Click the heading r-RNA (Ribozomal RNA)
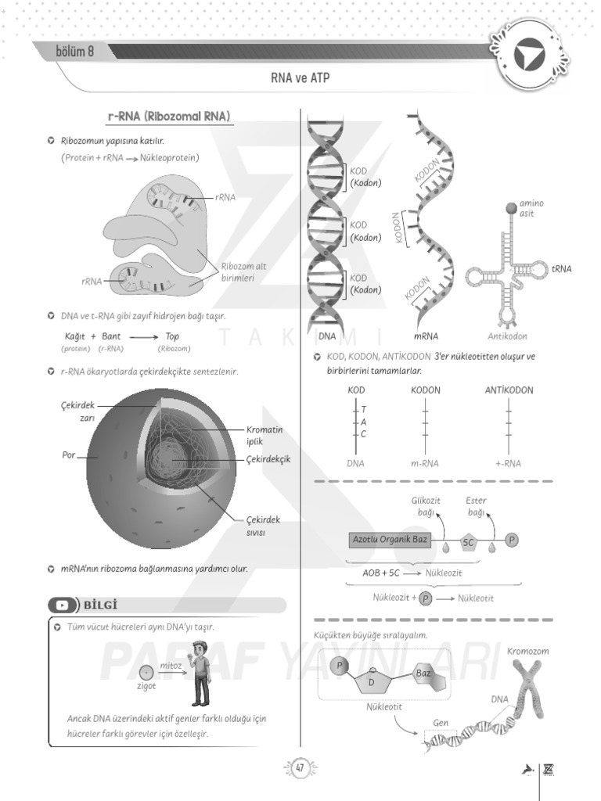[x=169, y=117]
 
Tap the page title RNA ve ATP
[x=300, y=79]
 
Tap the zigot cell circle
[x=146, y=672]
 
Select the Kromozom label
[x=527, y=651]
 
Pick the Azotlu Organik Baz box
[x=390, y=540]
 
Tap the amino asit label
[x=531, y=208]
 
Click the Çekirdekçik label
[x=268, y=459]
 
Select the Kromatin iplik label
[x=265, y=436]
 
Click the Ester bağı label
[x=476, y=506]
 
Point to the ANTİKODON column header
[x=509, y=390]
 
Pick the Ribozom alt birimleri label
[x=243, y=271]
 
